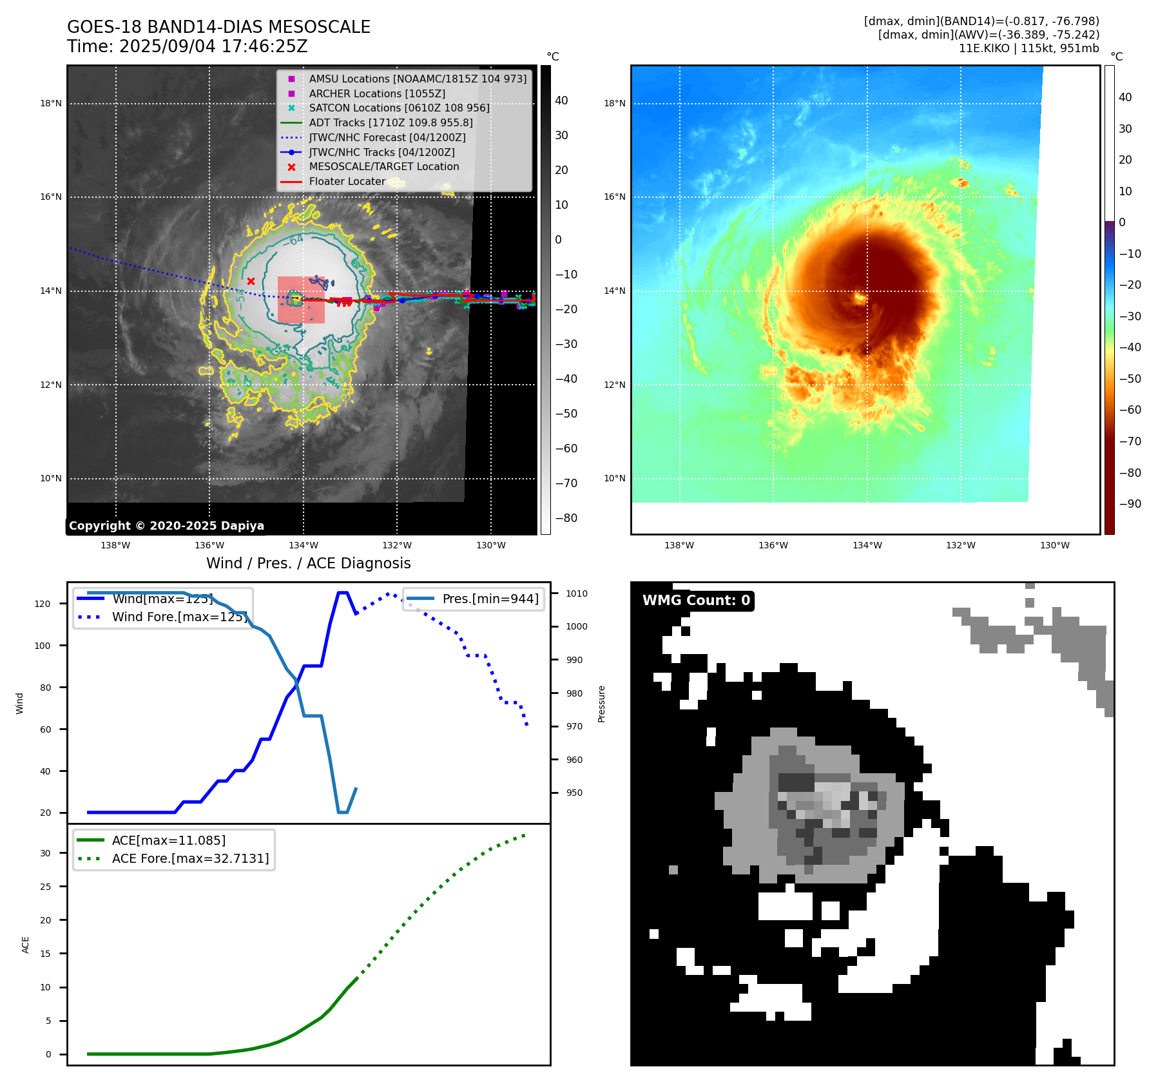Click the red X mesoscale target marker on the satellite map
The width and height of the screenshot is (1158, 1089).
pos(251,281)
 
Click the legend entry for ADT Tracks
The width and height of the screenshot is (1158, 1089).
pos(391,122)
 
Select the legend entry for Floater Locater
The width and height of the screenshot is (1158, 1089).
pos(347,181)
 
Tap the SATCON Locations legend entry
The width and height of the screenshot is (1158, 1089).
pos(399,108)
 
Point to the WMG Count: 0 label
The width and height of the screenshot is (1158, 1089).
pos(696,600)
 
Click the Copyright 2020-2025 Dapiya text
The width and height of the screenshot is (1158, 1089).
pos(166,526)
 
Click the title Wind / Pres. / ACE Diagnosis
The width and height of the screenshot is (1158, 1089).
pos(308,563)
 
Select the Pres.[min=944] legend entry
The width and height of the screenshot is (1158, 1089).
pos(490,599)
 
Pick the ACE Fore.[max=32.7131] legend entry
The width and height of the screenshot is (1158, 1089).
pos(190,858)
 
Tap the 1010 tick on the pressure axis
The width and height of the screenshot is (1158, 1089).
pos(577,593)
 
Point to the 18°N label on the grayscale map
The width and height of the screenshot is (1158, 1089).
pos(51,103)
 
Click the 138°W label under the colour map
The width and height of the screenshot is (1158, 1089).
pos(679,545)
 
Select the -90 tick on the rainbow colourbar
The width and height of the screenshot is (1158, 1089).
pos(1130,504)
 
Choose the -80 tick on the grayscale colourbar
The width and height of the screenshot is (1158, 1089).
pos(566,518)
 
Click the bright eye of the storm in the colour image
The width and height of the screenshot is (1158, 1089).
pos(860,298)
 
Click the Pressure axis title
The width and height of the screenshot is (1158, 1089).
pos(602,704)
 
